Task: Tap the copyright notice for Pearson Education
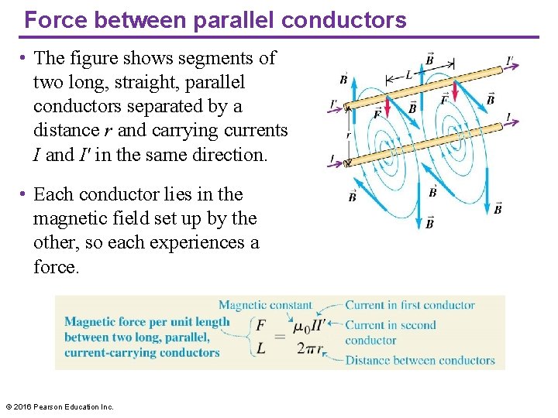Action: click(x=60, y=406)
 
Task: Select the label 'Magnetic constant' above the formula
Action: click(x=265, y=305)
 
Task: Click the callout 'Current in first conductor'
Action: click(x=410, y=305)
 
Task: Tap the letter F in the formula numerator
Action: click(x=261, y=326)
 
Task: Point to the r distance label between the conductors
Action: click(x=349, y=135)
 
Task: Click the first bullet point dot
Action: click(x=25, y=58)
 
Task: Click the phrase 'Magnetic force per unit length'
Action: click(x=147, y=322)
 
